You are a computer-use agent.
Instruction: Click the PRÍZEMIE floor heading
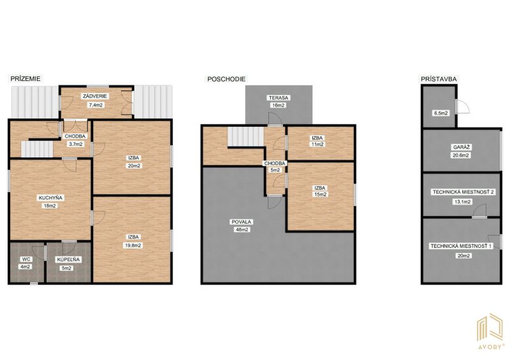25,79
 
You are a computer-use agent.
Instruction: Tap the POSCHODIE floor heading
226,79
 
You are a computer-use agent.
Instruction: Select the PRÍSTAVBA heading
439,79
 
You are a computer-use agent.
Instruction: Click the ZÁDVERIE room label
95,96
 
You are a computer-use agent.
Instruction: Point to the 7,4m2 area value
95,105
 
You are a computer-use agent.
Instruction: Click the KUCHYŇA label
50,198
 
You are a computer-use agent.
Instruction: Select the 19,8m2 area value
133,245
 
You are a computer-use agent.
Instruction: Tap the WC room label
25,259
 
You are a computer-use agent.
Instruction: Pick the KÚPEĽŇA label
68,259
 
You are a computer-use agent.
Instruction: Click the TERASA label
279,97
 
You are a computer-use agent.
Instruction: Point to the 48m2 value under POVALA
241,229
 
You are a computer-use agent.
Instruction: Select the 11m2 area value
317,145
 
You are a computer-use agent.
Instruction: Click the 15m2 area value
320,194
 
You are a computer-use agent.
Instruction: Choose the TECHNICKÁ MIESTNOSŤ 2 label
463,192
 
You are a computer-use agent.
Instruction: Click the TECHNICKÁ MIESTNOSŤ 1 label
461,246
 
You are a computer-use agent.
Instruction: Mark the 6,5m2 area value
441,113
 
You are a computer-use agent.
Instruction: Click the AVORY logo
490,331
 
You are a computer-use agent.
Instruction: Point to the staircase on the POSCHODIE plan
245,136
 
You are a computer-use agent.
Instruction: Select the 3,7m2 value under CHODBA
75,145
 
